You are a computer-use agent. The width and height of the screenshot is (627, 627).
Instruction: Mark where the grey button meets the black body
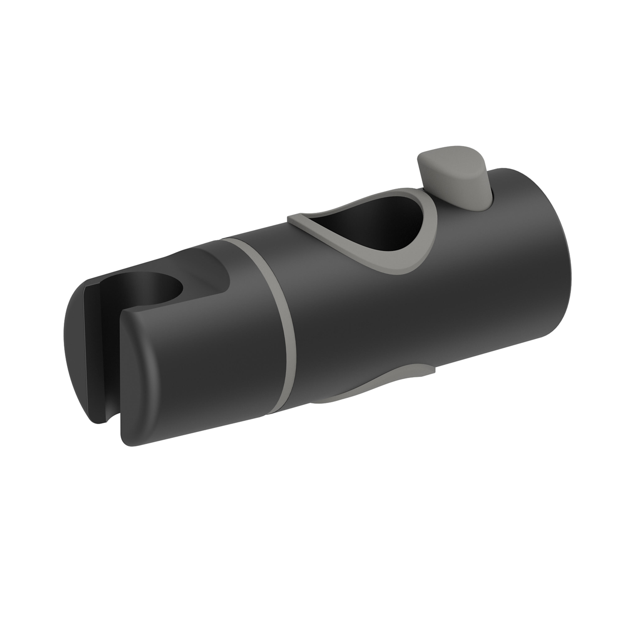point(461,204)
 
